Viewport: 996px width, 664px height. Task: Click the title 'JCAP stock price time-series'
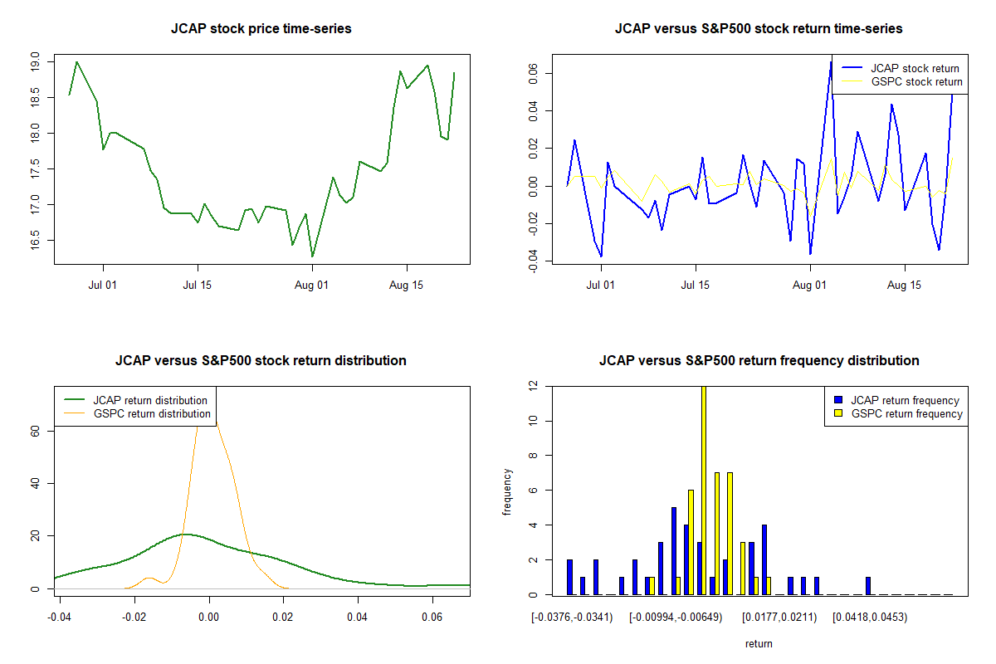tap(261, 29)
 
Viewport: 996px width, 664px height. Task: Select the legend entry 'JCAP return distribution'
tap(150, 400)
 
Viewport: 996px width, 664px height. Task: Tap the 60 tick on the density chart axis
tap(36, 430)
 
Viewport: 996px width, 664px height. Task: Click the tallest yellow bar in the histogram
tap(704, 490)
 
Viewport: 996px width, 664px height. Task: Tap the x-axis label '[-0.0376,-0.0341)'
tap(573, 618)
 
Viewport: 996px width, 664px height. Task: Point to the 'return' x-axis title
tap(759, 643)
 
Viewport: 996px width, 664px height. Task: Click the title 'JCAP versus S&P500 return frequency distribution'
tap(759, 361)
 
